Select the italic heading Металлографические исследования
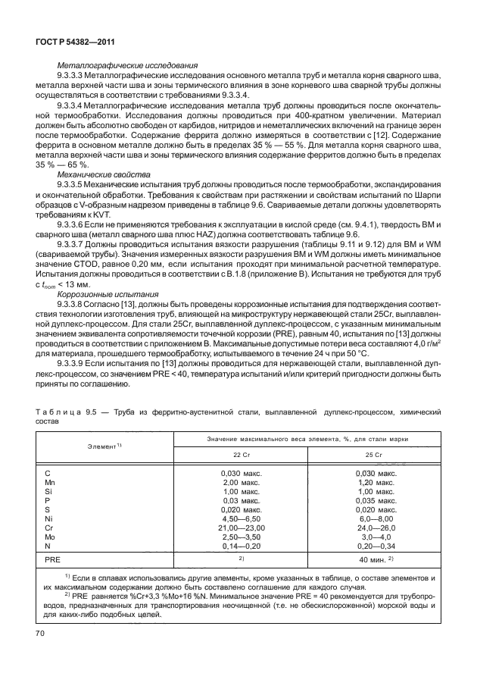coord(128,66)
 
